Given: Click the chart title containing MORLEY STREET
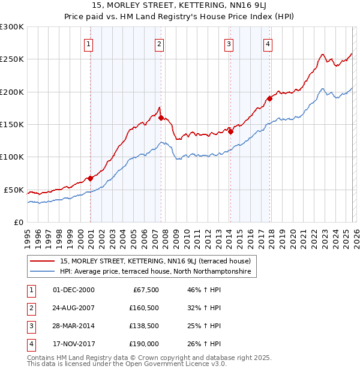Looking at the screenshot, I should coord(180,7).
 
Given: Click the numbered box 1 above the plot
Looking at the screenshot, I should coord(88,44).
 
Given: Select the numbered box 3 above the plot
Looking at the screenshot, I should coord(229,44).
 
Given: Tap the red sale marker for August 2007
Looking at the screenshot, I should coord(161,118).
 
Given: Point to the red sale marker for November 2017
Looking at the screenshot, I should coord(270,98).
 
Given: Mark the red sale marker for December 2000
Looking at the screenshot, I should coord(90,178).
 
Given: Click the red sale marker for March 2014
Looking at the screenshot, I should coord(230,132).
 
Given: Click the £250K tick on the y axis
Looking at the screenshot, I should coord(12,59).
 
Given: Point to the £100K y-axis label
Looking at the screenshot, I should coord(12,157).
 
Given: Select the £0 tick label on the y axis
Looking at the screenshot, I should coord(18,222).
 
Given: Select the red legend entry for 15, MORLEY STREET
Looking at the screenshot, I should coord(158,261).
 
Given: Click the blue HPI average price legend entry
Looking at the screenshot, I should coord(158,272).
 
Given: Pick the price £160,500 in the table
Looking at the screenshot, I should coord(143,308).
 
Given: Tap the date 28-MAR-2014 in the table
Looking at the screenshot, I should coord(74,326).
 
